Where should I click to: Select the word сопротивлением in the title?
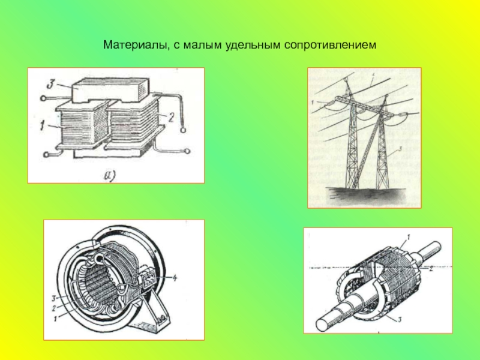330,46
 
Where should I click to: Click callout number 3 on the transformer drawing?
50,85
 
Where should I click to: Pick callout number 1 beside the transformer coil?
42,125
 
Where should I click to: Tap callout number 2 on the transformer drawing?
171,117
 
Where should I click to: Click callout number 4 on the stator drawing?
174,278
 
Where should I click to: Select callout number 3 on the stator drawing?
53,298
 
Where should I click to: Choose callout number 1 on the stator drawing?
55,319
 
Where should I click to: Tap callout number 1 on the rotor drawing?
409,236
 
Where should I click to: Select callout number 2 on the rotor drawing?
430,269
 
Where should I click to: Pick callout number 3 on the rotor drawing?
400,320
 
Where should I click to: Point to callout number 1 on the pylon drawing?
313,103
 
